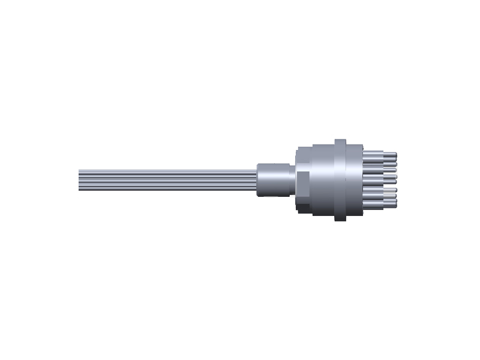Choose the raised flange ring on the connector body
click(340, 180)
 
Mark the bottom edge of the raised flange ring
click(340, 219)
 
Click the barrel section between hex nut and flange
click(321, 180)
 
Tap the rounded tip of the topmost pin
click(395, 155)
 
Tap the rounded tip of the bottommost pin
click(395, 205)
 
